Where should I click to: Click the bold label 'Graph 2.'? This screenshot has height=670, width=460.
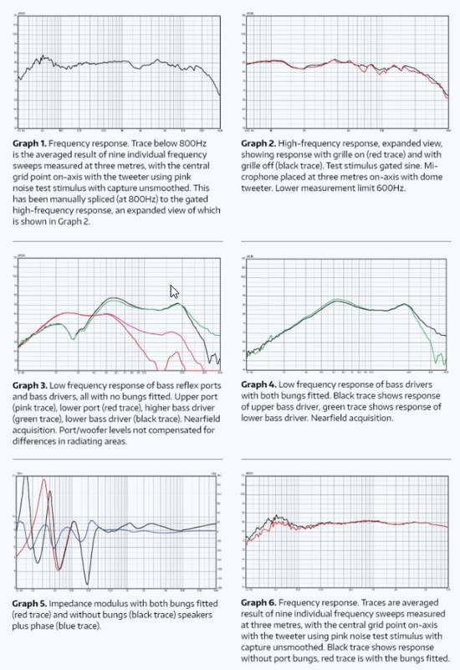260,143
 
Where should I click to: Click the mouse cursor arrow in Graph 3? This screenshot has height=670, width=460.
174,291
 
